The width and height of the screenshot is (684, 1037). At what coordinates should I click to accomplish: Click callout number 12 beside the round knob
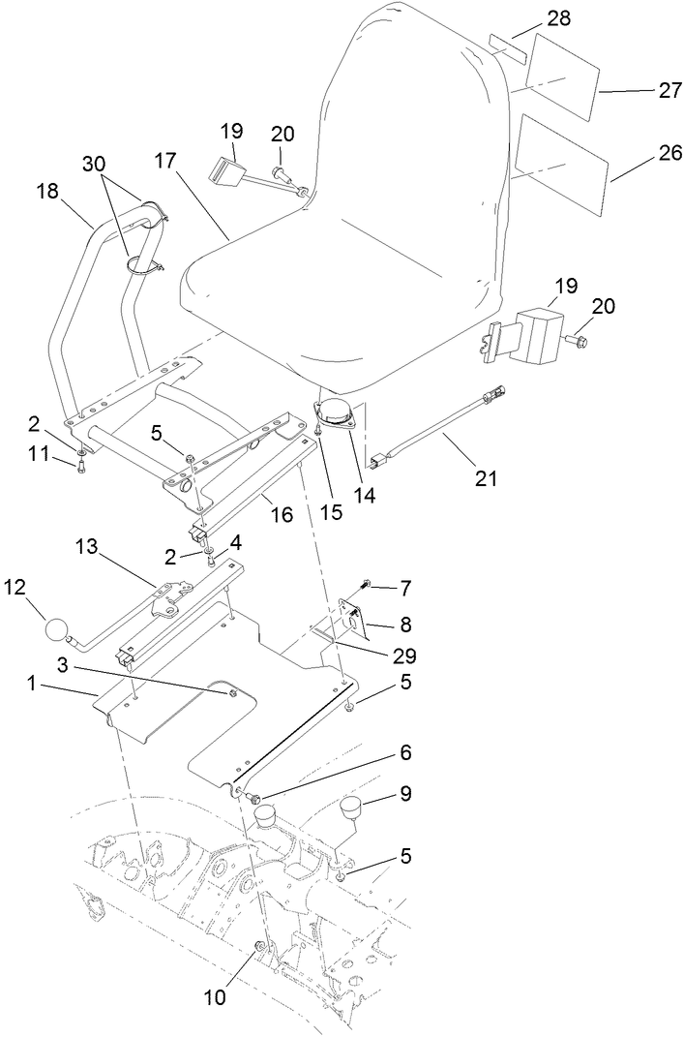(18, 587)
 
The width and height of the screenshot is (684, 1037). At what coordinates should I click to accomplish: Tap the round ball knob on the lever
(58, 633)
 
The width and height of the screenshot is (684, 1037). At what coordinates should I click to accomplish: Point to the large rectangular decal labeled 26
(562, 165)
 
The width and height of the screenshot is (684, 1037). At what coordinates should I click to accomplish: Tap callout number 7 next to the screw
(405, 587)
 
